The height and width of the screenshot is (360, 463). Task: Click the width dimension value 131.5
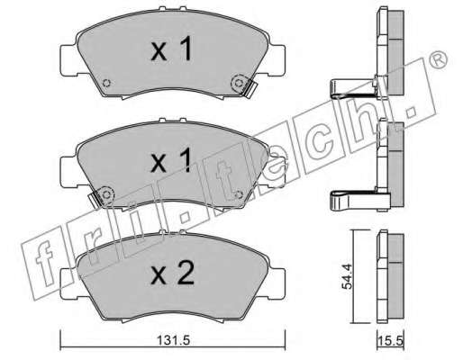[173, 340]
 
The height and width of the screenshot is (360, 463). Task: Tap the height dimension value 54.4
[347, 276]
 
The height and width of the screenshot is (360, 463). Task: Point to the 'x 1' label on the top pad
[171, 49]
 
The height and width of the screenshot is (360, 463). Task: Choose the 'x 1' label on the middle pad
[171, 161]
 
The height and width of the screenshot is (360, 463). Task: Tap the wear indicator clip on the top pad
[250, 88]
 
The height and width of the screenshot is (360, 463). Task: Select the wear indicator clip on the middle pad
[95, 199]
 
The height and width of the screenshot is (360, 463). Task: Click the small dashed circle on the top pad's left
[106, 83]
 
